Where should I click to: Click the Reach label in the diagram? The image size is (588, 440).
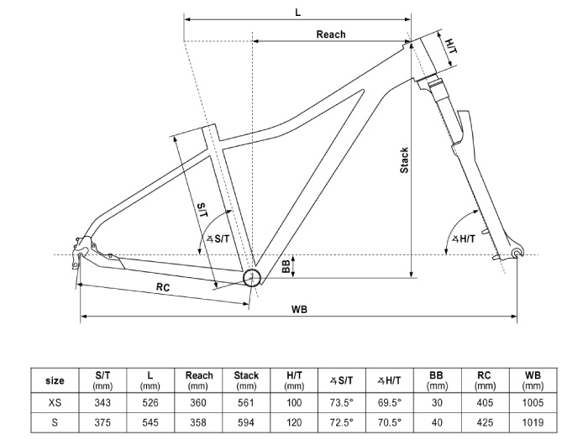(x=331, y=34)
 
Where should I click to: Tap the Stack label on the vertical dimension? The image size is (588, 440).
(x=404, y=160)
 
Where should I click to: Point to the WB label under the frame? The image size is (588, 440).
(x=299, y=310)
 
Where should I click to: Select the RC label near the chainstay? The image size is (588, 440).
(x=163, y=287)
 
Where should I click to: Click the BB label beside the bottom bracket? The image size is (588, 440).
(x=286, y=266)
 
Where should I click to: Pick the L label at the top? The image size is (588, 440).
(x=297, y=13)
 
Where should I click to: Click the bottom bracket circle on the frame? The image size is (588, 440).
(x=252, y=278)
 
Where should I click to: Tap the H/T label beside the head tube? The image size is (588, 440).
(x=451, y=46)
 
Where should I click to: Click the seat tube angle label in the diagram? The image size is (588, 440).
(x=218, y=238)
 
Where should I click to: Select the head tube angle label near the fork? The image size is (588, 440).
(x=464, y=238)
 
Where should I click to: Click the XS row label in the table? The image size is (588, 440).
(x=55, y=403)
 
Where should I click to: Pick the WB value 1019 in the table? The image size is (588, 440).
(x=533, y=422)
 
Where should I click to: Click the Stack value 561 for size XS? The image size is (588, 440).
(x=246, y=403)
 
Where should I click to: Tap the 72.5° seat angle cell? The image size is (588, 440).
(x=342, y=422)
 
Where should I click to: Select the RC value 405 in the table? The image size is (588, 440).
(x=485, y=403)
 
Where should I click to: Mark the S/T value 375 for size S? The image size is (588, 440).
(x=102, y=422)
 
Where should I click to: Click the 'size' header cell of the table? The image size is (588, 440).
(x=55, y=380)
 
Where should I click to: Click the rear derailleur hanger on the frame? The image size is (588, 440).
(x=77, y=259)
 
